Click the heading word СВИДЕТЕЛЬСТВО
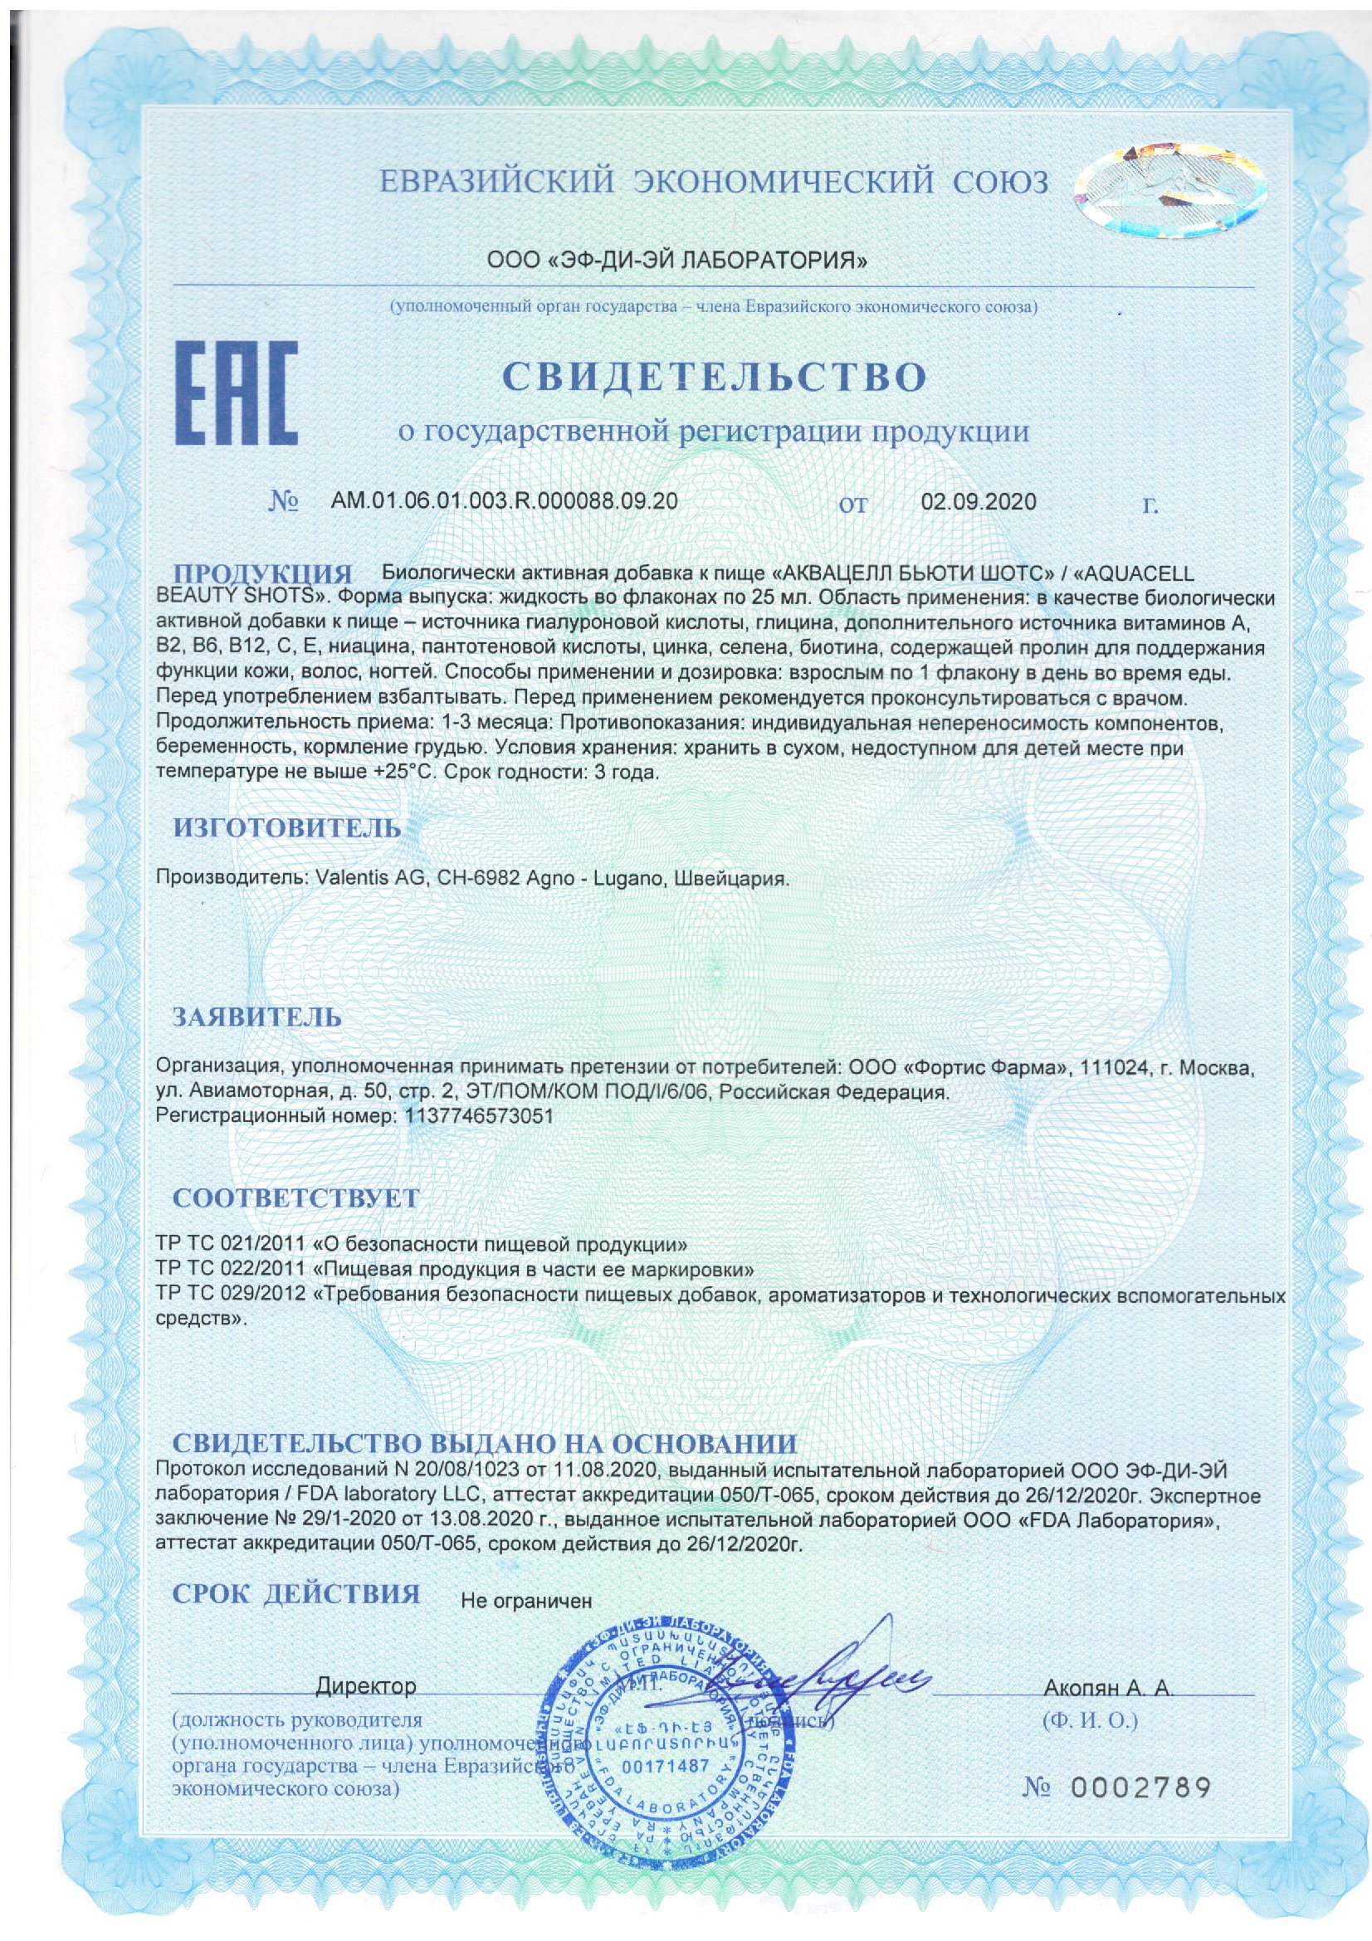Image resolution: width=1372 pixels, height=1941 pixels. (x=716, y=378)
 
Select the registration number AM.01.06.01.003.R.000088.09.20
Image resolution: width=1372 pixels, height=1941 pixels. (x=504, y=501)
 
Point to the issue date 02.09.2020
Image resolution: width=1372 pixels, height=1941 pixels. (x=978, y=501)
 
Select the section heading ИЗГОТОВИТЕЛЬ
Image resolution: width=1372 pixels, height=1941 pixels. (x=287, y=827)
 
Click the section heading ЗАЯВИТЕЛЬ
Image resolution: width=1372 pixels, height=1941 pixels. (x=257, y=1017)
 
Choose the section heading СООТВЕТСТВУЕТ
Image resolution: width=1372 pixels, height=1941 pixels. (x=295, y=1198)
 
